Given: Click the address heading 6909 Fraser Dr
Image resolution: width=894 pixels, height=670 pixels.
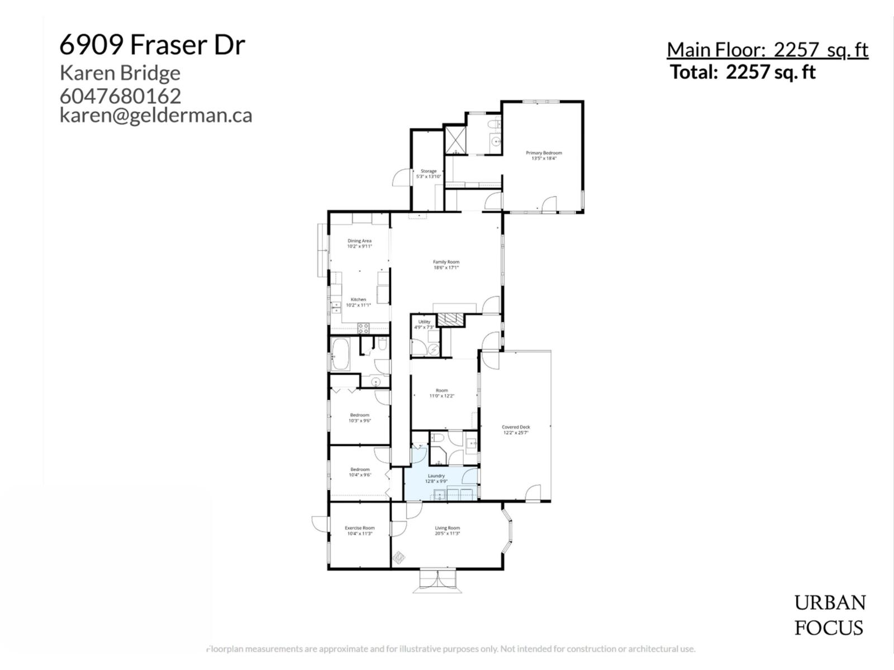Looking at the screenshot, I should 152,45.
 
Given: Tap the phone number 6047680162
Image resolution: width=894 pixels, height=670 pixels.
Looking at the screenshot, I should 120,96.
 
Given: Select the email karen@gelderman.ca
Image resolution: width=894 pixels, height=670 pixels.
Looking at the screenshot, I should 156,115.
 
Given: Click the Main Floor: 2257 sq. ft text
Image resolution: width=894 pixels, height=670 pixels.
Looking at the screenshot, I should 767,50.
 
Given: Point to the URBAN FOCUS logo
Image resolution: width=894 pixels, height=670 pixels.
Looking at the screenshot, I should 830,615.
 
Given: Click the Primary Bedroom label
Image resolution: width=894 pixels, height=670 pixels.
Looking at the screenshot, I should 544,155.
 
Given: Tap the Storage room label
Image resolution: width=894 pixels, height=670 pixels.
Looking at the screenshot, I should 429,174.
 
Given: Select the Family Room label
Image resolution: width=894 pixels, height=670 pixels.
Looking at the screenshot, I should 446,265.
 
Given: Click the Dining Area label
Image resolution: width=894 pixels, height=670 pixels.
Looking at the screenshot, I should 359,243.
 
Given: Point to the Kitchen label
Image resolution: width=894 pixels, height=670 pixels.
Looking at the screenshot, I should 358,302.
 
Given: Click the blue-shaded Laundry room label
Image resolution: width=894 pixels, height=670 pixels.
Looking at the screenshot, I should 436,478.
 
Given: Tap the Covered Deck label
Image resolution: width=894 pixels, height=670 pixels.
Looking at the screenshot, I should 516,429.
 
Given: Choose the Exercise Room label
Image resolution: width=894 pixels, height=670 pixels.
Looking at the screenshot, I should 359,530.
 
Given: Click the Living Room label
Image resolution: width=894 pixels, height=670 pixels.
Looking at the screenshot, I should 447,530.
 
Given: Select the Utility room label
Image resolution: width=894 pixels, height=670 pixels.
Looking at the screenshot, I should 424,324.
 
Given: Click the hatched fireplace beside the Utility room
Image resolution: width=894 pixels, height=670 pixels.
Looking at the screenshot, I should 450,319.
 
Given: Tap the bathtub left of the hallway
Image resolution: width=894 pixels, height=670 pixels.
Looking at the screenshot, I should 340,354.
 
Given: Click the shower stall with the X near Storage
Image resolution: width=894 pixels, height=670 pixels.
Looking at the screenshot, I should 455,140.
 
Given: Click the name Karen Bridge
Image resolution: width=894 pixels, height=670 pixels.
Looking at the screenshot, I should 120,73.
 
